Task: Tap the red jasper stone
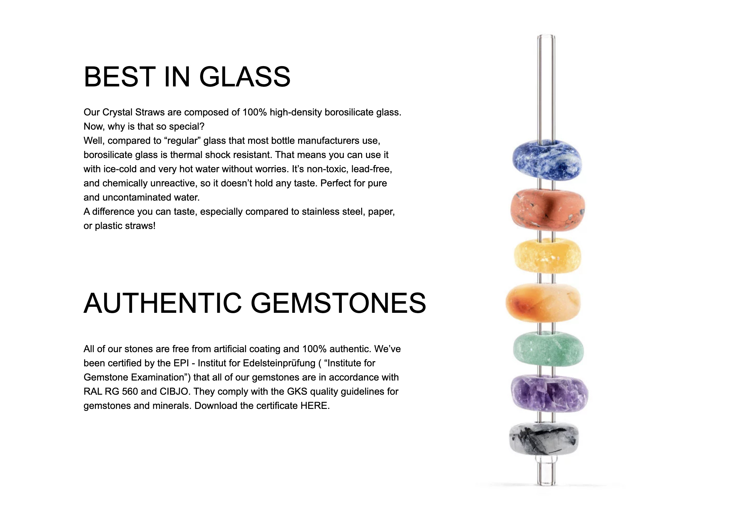(x=548, y=210)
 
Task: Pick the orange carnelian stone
(x=543, y=302)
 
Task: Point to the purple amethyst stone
(x=549, y=393)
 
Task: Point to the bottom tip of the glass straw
(x=546, y=484)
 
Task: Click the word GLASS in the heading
(x=245, y=77)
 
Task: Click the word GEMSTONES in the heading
(x=338, y=303)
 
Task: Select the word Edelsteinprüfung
(x=279, y=363)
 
